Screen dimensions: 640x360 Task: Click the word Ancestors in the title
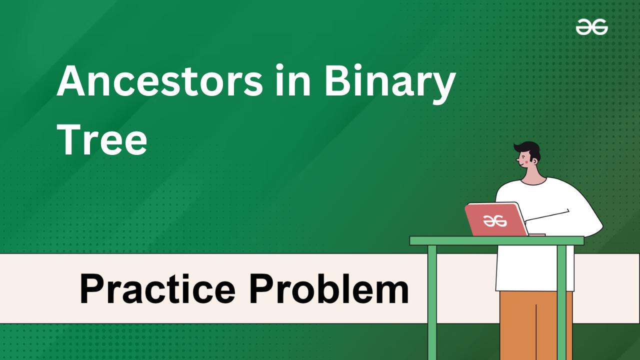159,81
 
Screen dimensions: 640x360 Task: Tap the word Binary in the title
390,83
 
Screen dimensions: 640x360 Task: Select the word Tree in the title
102,139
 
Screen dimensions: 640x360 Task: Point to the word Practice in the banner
157,288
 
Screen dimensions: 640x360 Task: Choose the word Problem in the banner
329,288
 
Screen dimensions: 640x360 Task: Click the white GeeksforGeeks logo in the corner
591,27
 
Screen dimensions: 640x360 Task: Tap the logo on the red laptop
495,221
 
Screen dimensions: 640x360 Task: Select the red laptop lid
496,219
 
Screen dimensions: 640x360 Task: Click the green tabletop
497,240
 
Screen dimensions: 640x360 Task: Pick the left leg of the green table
432,302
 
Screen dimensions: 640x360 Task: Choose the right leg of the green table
561,302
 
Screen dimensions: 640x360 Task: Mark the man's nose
517,159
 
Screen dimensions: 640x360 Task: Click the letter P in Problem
261,288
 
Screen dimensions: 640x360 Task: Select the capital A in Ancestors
71,81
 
